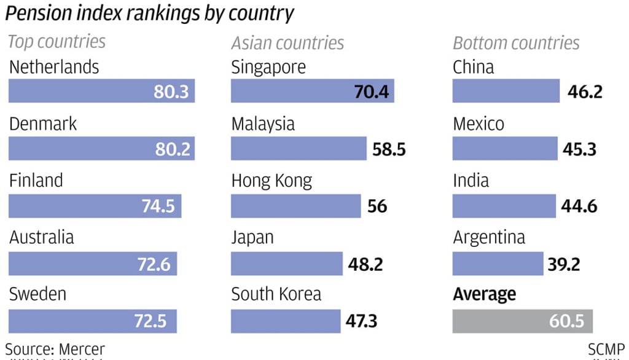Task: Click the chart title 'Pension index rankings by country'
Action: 150,14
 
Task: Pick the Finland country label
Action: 36,181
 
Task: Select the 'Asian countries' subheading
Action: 287,43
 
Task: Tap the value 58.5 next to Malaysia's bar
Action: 389,149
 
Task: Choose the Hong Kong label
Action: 272,181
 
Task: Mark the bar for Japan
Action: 286,264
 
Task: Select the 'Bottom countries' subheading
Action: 516,43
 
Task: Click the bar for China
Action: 506,92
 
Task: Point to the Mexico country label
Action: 479,124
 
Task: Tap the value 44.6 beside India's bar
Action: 579,206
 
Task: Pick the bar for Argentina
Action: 498,264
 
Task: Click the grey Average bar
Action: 522,321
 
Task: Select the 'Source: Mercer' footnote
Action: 55,350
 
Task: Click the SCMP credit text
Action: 606,350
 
